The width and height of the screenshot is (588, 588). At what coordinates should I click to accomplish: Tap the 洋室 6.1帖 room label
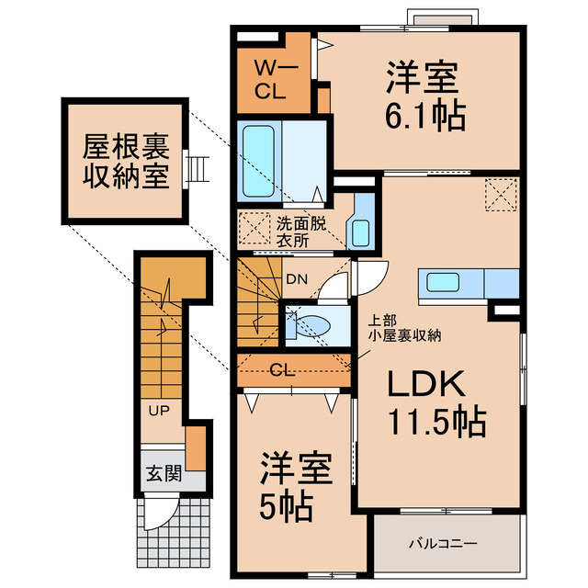pyautogui.click(x=424, y=96)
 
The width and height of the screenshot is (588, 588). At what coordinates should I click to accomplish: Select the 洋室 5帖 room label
pyautogui.click(x=288, y=486)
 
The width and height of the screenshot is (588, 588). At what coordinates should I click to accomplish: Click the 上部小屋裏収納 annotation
pyautogui.click(x=405, y=328)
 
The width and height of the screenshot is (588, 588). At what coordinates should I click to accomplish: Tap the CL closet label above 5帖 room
pyautogui.click(x=284, y=370)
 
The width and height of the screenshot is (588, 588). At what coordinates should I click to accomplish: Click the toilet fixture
pyautogui.click(x=308, y=324)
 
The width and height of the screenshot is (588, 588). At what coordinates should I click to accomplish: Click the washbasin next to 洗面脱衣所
pyautogui.click(x=360, y=232)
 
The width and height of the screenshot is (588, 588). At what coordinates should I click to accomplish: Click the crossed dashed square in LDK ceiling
pyautogui.click(x=502, y=194)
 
